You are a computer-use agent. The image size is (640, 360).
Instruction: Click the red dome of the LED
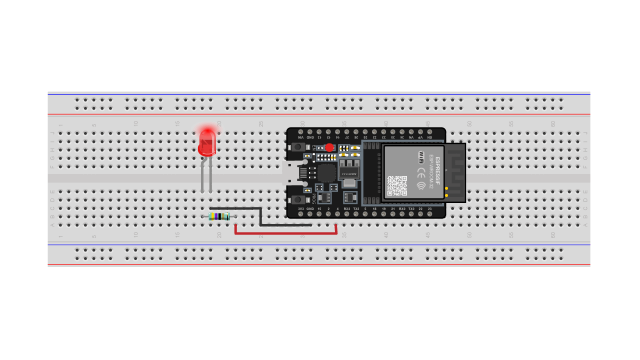[206, 139]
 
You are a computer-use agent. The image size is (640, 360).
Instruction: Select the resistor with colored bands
[219, 216]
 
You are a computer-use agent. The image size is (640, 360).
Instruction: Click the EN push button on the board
[298, 147]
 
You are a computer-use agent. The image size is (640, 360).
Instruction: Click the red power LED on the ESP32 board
[329, 147]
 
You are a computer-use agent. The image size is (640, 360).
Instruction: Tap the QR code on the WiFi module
[397, 186]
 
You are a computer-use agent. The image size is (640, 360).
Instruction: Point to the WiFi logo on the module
[421, 156]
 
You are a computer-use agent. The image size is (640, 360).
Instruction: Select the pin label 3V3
[301, 208]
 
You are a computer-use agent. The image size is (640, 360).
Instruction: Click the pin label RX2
[347, 208]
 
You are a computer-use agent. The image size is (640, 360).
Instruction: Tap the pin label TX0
[411, 208]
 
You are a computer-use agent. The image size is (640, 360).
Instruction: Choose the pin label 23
[429, 208]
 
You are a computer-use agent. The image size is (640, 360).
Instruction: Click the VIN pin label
[301, 137]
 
